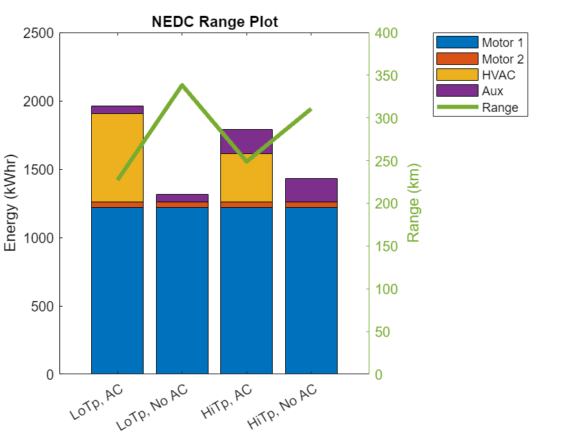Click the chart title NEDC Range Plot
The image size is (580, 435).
(x=215, y=21)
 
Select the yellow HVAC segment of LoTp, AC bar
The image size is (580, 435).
(x=117, y=157)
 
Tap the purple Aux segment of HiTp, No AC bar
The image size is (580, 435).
(x=311, y=190)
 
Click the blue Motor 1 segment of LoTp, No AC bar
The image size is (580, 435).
(x=182, y=290)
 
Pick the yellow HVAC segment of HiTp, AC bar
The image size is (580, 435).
(x=246, y=177)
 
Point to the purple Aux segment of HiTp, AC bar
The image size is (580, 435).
(x=246, y=141)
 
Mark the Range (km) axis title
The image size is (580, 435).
(x=414, y=204)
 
